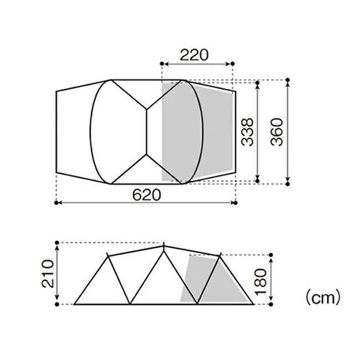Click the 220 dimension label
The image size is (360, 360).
[194, 55]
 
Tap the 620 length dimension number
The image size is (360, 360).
[147, 195]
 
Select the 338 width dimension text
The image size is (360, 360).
[248, 132]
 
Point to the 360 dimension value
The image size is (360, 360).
[277, 132]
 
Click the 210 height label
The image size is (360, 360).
[48, 274]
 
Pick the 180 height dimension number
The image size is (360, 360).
[261, 282]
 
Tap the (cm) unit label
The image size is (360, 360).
[322, 297]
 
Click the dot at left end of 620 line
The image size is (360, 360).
[56, 203]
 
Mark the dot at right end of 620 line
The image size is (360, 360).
[235, 203]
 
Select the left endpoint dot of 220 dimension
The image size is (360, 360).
[162, 64]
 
